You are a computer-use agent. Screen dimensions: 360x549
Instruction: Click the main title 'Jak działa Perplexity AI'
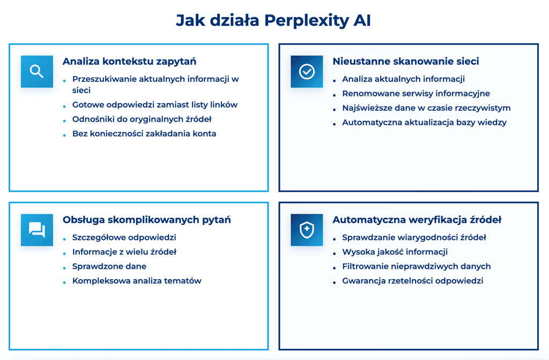click(x=273, y=20)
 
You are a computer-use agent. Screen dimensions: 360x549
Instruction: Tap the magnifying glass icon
click(x=36, y=71)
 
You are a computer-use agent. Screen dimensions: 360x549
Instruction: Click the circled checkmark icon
click(x=307, y=71)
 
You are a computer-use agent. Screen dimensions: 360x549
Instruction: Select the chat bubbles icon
click(x=36, y=230)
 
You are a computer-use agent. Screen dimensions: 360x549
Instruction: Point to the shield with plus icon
click(x=307, y=230)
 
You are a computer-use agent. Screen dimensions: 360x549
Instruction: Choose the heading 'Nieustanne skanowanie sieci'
click(x=405, y=61)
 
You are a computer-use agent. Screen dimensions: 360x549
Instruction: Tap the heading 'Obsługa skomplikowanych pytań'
click(x=146, y=220)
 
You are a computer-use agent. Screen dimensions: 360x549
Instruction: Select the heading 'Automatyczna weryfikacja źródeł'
click(x=417, y=220)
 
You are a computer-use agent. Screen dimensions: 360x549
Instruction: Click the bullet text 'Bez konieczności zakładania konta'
click(x=144, y=133)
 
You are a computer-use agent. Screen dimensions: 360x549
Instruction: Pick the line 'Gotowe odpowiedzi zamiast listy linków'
click(x=155, y=104)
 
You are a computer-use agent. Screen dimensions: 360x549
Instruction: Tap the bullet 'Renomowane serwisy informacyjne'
click(x=416, y=93)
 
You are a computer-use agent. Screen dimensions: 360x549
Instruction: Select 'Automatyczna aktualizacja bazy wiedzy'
click(x=424, y=122)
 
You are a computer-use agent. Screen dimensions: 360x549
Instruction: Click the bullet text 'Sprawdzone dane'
click(x=109, y=266)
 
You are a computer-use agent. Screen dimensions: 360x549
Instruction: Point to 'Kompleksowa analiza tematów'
click(x=137, y=281)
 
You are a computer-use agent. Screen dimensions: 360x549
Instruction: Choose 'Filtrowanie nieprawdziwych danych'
click(x=417, y=266)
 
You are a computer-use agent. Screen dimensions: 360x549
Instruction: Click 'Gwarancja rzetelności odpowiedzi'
click(x=413, y=281)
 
